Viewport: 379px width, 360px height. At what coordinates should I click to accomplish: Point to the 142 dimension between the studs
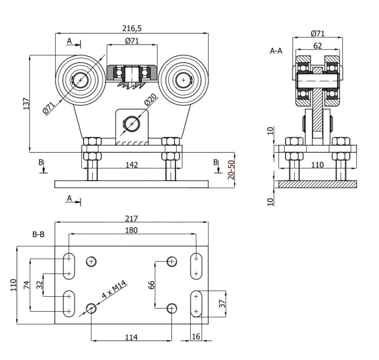(x=132, y=164)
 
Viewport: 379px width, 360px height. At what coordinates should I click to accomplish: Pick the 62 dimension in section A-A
(x=318, y=46)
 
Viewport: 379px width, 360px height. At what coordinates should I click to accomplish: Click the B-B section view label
(x=38, y=234)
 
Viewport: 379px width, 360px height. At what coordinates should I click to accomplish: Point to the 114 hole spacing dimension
(x=132, y=337)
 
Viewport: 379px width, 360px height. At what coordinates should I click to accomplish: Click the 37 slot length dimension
(x=223, y=303)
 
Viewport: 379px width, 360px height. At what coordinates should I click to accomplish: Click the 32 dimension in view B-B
(x=40, y=285)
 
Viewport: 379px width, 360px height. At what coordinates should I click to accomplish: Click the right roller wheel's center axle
(x=184, y=80)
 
